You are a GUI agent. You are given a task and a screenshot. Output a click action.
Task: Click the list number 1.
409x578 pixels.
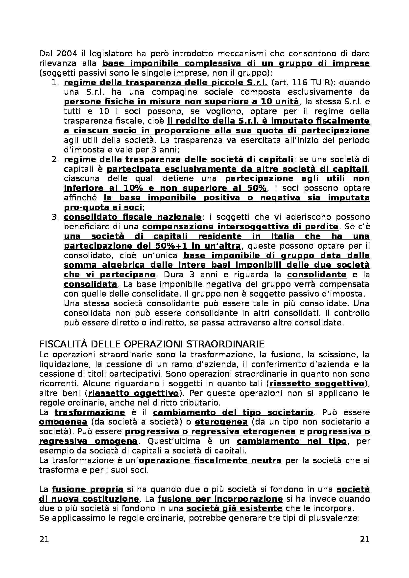point(55,83)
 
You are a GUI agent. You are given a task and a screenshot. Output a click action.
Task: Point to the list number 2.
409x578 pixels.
point(55,159)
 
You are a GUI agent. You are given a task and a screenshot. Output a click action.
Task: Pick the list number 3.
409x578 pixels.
point(55,217)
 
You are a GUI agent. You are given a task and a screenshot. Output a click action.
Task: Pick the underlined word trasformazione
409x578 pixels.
point(90,412)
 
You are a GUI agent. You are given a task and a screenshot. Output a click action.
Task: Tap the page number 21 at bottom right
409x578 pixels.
point(365,539)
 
